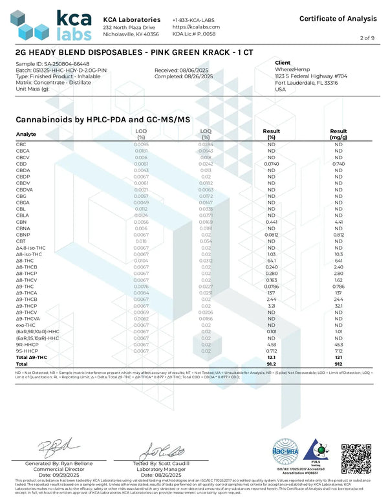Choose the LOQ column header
[206, 134]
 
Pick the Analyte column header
[27, 134]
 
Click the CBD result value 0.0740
[272, 164]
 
